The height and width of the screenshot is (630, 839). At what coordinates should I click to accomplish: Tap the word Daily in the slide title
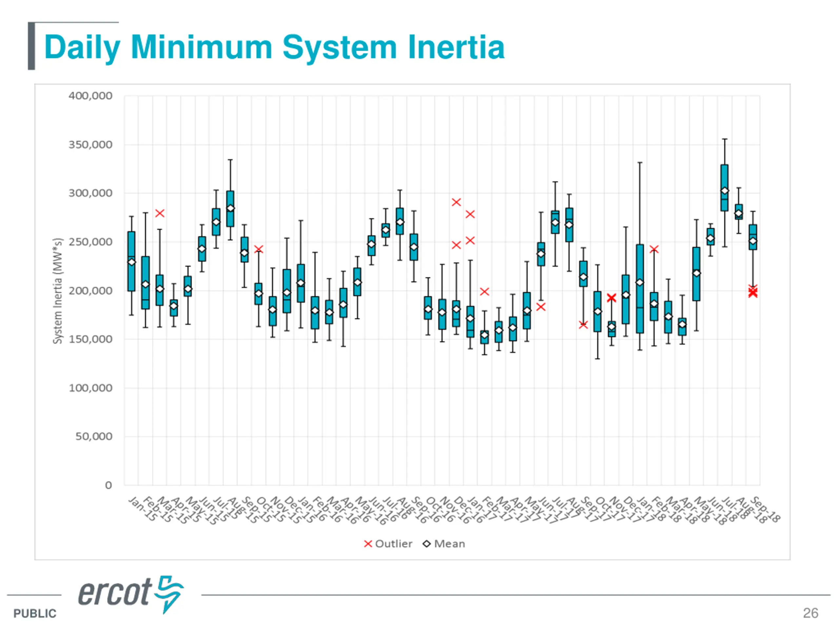[x=82, y=48]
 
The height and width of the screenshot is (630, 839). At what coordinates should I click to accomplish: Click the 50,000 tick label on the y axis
[x=94, y=436]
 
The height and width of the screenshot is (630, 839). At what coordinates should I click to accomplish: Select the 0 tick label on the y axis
[x=108, y=485]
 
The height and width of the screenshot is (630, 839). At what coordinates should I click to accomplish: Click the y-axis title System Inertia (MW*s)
[x=57, y=291]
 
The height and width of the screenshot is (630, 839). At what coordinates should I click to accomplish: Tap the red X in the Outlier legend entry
[x=367, y=544]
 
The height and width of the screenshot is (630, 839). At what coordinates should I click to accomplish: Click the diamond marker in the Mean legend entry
[x=427, y=544]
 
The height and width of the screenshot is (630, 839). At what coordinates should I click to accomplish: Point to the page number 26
[x=810, y=613]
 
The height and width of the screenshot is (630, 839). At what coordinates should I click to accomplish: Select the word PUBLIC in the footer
[x=35, y=613]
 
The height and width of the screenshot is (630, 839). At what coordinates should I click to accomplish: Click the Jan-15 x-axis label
[x=143, y=509]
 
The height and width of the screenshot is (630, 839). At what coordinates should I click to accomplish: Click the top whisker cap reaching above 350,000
[x=724, y=139]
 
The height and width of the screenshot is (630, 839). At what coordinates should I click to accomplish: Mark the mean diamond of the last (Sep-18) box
[x=753, y=241]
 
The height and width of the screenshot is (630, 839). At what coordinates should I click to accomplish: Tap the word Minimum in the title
[x=202, y=48]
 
